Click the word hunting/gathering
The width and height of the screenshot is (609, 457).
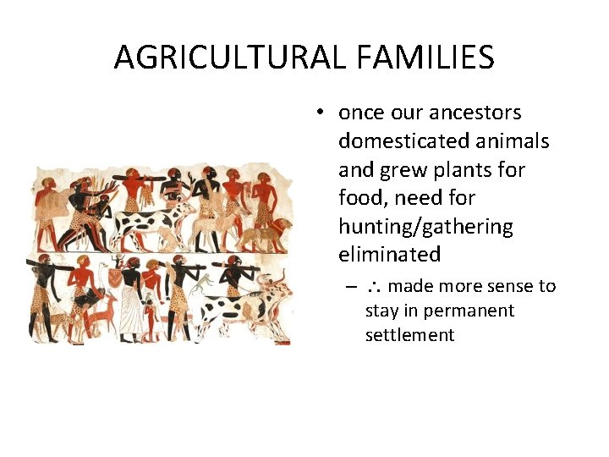[x=425, y=227]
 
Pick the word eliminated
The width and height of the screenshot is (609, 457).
[x=389, y=255]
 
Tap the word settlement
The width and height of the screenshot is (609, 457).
[x=409, y=335]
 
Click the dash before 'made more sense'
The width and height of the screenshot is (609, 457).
[x=349, y=287]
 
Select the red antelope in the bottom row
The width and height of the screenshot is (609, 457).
[x=106, y=317]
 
